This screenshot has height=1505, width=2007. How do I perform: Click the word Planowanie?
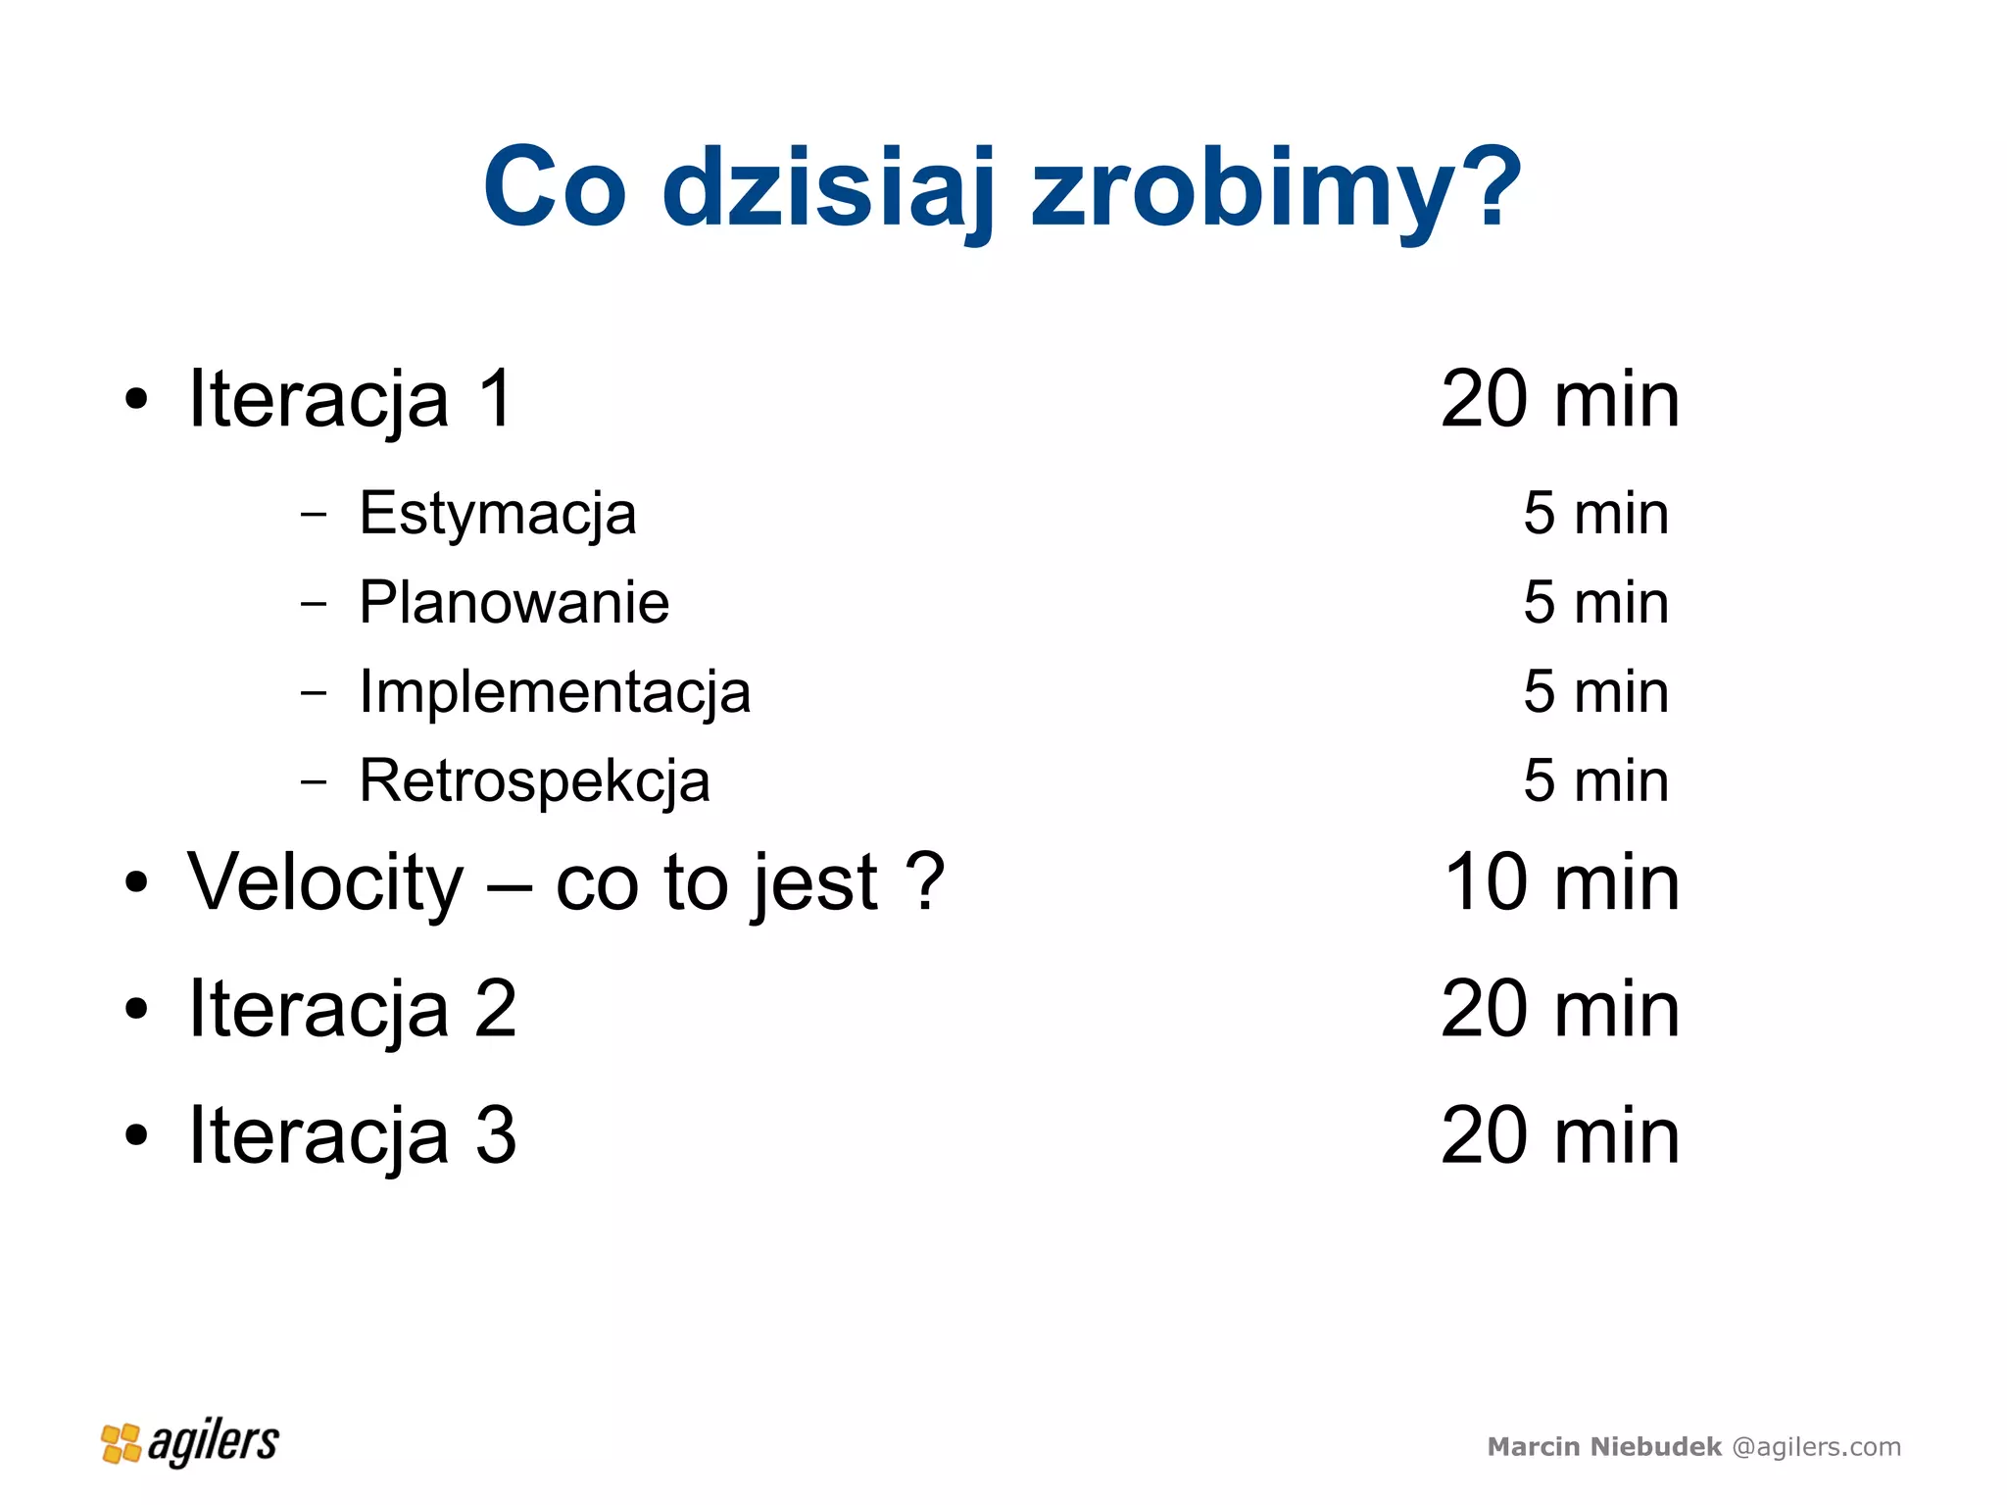click(x=514, y=602)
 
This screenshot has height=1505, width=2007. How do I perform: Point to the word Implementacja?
click(x=555, y=691)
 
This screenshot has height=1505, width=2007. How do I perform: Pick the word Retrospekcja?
click(x=534, y=781)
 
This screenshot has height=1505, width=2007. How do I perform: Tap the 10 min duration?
click(x=1561, y=882)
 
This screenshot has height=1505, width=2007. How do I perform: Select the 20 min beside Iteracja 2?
click(x=1560, y=1009)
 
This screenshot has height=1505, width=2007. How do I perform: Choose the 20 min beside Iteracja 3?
click(x=1560, y=1135)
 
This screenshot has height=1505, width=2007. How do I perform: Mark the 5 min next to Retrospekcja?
click(x=1595, y=781)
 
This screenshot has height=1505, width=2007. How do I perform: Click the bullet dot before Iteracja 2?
click(x=136, y=1009)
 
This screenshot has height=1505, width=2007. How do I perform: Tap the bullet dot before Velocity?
click(x=136, y=882)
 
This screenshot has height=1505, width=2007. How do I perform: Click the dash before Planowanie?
click(x=314, y=603)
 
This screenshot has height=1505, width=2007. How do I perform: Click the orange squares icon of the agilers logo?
click(x=122, y=1443)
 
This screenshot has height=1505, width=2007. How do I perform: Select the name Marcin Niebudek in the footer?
click(x=1603, y=1447)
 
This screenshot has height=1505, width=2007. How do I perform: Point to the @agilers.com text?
click(x=1816, y=1447)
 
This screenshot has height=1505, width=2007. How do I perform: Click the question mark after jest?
click(x=924, y=880)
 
